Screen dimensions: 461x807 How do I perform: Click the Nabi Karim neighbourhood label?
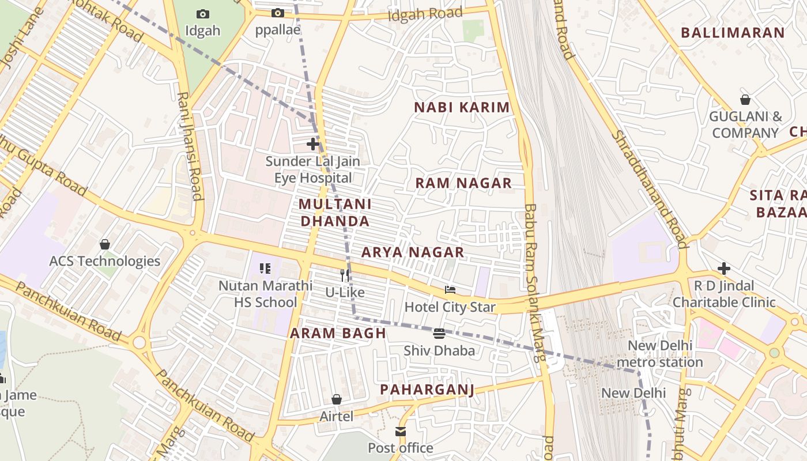[462, 107]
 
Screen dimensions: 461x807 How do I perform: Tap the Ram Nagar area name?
[463, 183]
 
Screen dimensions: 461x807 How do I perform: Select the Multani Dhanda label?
[335, 213]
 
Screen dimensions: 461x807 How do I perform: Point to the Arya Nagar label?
[412, 252]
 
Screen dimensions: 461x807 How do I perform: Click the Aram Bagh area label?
[338, 333]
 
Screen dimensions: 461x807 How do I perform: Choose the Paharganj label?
[427, 390]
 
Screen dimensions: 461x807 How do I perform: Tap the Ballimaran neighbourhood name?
[733, 33]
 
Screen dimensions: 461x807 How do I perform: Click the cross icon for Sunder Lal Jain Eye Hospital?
[313, 143]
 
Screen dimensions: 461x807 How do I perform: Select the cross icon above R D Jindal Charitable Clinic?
[723, 269]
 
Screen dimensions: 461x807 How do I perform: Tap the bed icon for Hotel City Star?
[450, 290]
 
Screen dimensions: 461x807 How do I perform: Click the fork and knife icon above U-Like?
[345, 275]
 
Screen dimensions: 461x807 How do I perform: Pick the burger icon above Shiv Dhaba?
[439, 334]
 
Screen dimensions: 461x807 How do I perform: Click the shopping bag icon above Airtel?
[337, 399]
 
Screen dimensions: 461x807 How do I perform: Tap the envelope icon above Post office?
[401, 432]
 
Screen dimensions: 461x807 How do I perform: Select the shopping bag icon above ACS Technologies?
[105, 244]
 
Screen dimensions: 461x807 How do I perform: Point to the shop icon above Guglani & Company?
[745, 100]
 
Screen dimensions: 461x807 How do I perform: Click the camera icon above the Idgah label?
[203, 14]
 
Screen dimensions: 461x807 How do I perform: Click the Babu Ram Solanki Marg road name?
[534, 282]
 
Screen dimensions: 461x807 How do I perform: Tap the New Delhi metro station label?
[660, 354]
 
